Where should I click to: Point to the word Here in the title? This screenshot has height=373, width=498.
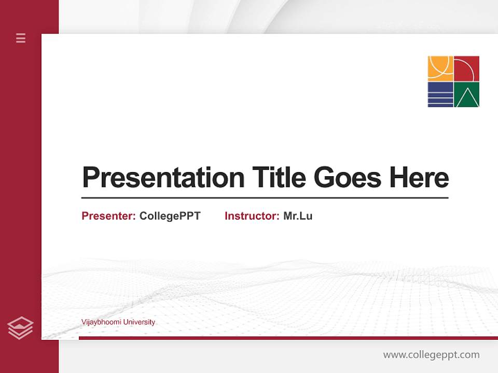(x=419, y=178)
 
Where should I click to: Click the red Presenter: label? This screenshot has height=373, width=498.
(x=108, y=216)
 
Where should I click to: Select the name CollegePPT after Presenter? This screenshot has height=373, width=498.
(x=170, y=216)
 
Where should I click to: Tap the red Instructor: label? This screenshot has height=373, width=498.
(x=252, y=216)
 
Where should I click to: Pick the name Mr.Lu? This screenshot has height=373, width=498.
(x=298, y=216)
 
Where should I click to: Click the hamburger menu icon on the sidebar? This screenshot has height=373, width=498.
(x=21, y=38)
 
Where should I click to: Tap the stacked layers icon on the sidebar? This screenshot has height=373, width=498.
(x=20, y=328)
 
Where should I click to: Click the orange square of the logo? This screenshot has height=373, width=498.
(x=440, y=68)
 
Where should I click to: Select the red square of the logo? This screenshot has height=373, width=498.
(x=467, y=68)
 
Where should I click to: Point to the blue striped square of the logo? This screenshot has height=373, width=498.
(x=440, y=95)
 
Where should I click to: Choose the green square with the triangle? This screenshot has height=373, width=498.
(x=467, y=95)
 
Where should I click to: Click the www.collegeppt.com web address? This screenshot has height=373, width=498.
(x=431, y=355)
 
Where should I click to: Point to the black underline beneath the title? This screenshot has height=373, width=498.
(x=265, y=198)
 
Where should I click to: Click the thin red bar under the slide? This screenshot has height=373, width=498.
(x=288, y=338)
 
